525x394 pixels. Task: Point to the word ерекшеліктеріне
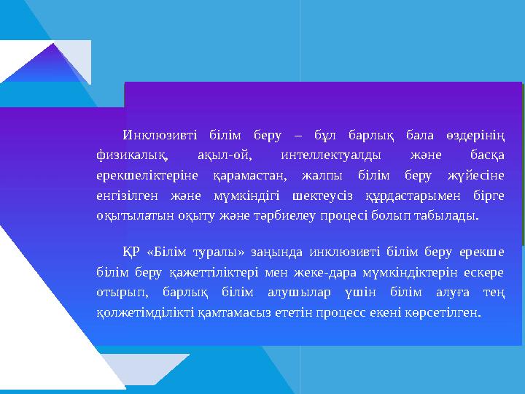(142, 176)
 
